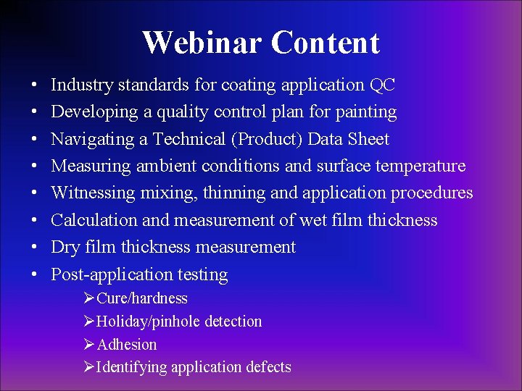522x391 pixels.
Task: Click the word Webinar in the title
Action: [x=203, y=43]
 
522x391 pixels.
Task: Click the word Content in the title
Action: [x=326, y=43]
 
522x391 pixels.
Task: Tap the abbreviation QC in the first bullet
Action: [x=382, y=85]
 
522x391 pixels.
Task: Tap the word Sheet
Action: [x=369, y=139]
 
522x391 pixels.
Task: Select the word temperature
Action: [x=420, y=166]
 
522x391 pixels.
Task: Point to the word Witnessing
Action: [x=94, y=193]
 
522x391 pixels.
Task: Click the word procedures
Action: [x=431, y=193]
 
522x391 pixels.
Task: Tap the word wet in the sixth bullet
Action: [x=313, y=219]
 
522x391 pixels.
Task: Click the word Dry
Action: [x=64, y=247]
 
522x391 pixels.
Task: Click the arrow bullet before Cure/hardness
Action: [x=89, y=298]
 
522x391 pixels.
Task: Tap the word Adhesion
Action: [x=126, y=345]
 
